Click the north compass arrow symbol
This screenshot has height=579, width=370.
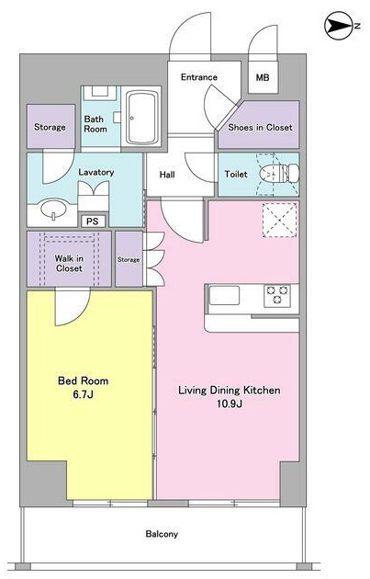pos(340,27)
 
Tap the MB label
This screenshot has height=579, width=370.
pos(263,77)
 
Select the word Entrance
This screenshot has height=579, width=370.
pos(199,77)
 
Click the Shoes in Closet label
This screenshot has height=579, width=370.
pos(260,128)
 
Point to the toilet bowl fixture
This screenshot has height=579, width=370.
pos(279,173)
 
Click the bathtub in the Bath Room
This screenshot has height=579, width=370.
pos(141,117)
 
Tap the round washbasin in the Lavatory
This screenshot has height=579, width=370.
pos(54,210)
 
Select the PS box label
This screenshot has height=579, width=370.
pos(93,221)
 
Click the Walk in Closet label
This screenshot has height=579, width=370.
pos(69,263)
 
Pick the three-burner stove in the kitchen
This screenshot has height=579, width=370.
pos(277,295)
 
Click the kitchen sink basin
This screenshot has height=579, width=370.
pos(224,295)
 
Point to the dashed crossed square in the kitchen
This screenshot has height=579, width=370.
pos(279,220)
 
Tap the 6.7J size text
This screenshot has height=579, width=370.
pos(83,395)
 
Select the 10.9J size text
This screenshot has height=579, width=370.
pos(230,403)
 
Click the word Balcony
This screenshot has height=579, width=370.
pos(162,534)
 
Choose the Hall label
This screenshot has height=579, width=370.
pos(167,175)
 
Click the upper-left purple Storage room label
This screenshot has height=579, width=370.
pos(50,128)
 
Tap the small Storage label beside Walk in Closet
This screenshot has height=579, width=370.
pos(129,260)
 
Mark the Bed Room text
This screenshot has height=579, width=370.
pos(84,380)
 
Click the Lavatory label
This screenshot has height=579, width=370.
pos(95,172)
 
